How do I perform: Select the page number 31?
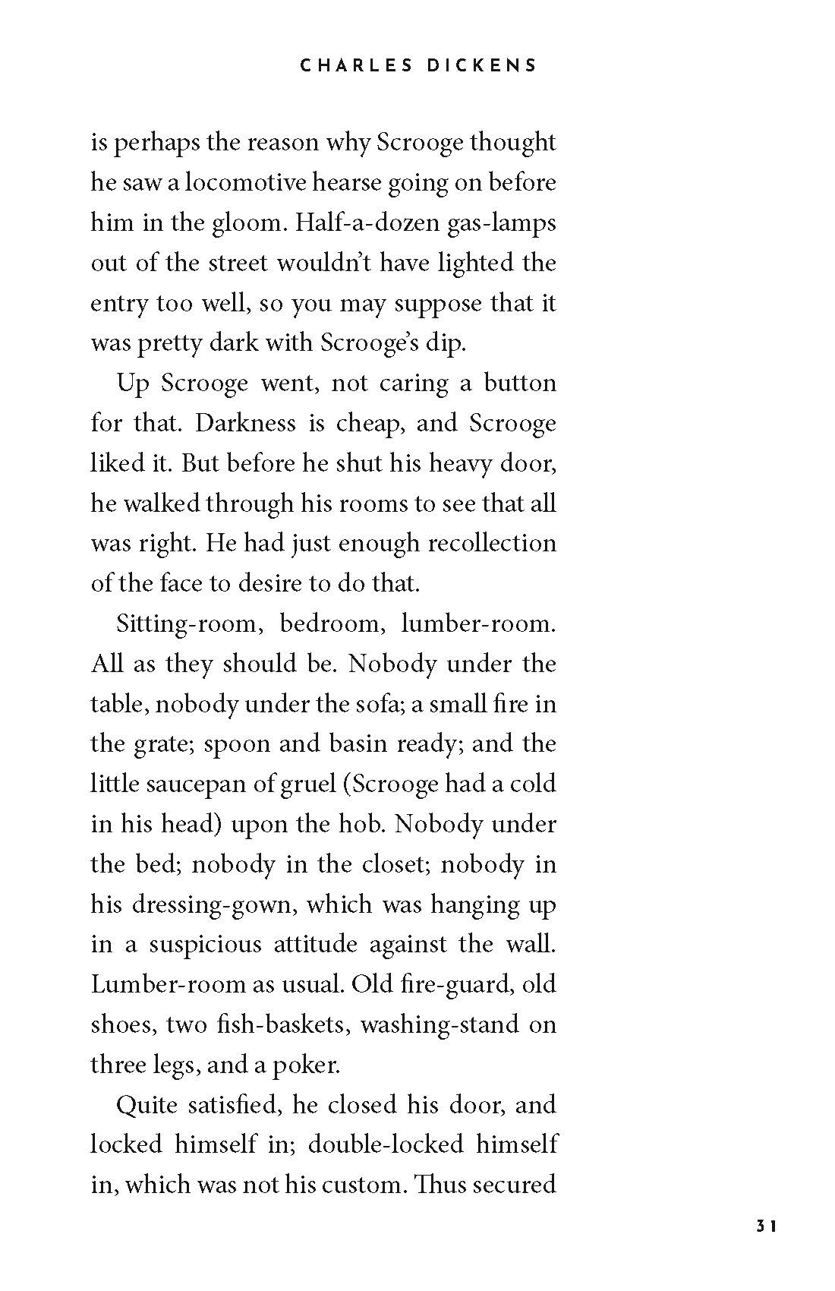pyautogui.click(x=764, y=1246)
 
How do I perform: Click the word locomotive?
pyautogui.click(x=244, y=182)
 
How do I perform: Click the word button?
pyautogui.click(x=520, y=383)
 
